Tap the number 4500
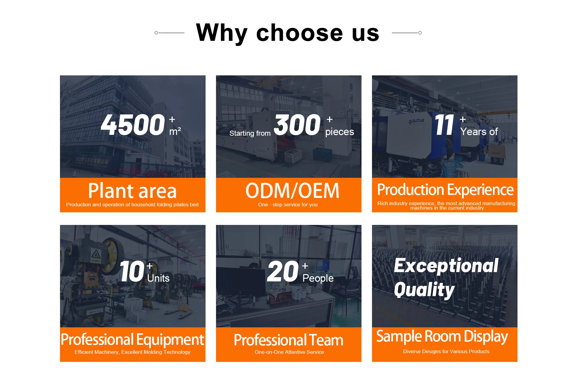133,125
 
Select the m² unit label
175,131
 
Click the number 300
297,125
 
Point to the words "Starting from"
250,133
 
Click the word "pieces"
340,132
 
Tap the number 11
444,125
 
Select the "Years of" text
479,132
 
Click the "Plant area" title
132,191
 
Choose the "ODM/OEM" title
292,191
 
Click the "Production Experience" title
445,190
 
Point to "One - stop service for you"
288,205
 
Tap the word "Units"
158,278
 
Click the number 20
283,271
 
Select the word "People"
318,278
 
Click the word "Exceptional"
446,266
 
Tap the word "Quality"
424,290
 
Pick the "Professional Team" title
289,340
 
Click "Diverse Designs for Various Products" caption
446,351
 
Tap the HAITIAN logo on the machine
417,121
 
